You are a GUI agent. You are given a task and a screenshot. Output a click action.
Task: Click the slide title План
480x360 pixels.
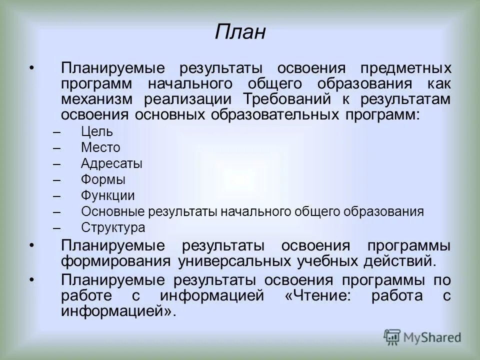240,33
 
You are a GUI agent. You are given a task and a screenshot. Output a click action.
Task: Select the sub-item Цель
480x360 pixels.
96,132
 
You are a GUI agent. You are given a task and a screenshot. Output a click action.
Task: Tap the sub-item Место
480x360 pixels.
100,147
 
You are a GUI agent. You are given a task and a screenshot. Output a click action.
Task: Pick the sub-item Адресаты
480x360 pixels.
111,163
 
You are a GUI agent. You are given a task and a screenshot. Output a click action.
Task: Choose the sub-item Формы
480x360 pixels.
103,179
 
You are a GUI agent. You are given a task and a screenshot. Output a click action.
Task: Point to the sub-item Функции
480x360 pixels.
107,195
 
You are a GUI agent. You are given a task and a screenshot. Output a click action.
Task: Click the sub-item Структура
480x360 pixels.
113,227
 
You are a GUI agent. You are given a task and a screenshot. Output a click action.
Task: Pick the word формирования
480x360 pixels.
114,260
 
